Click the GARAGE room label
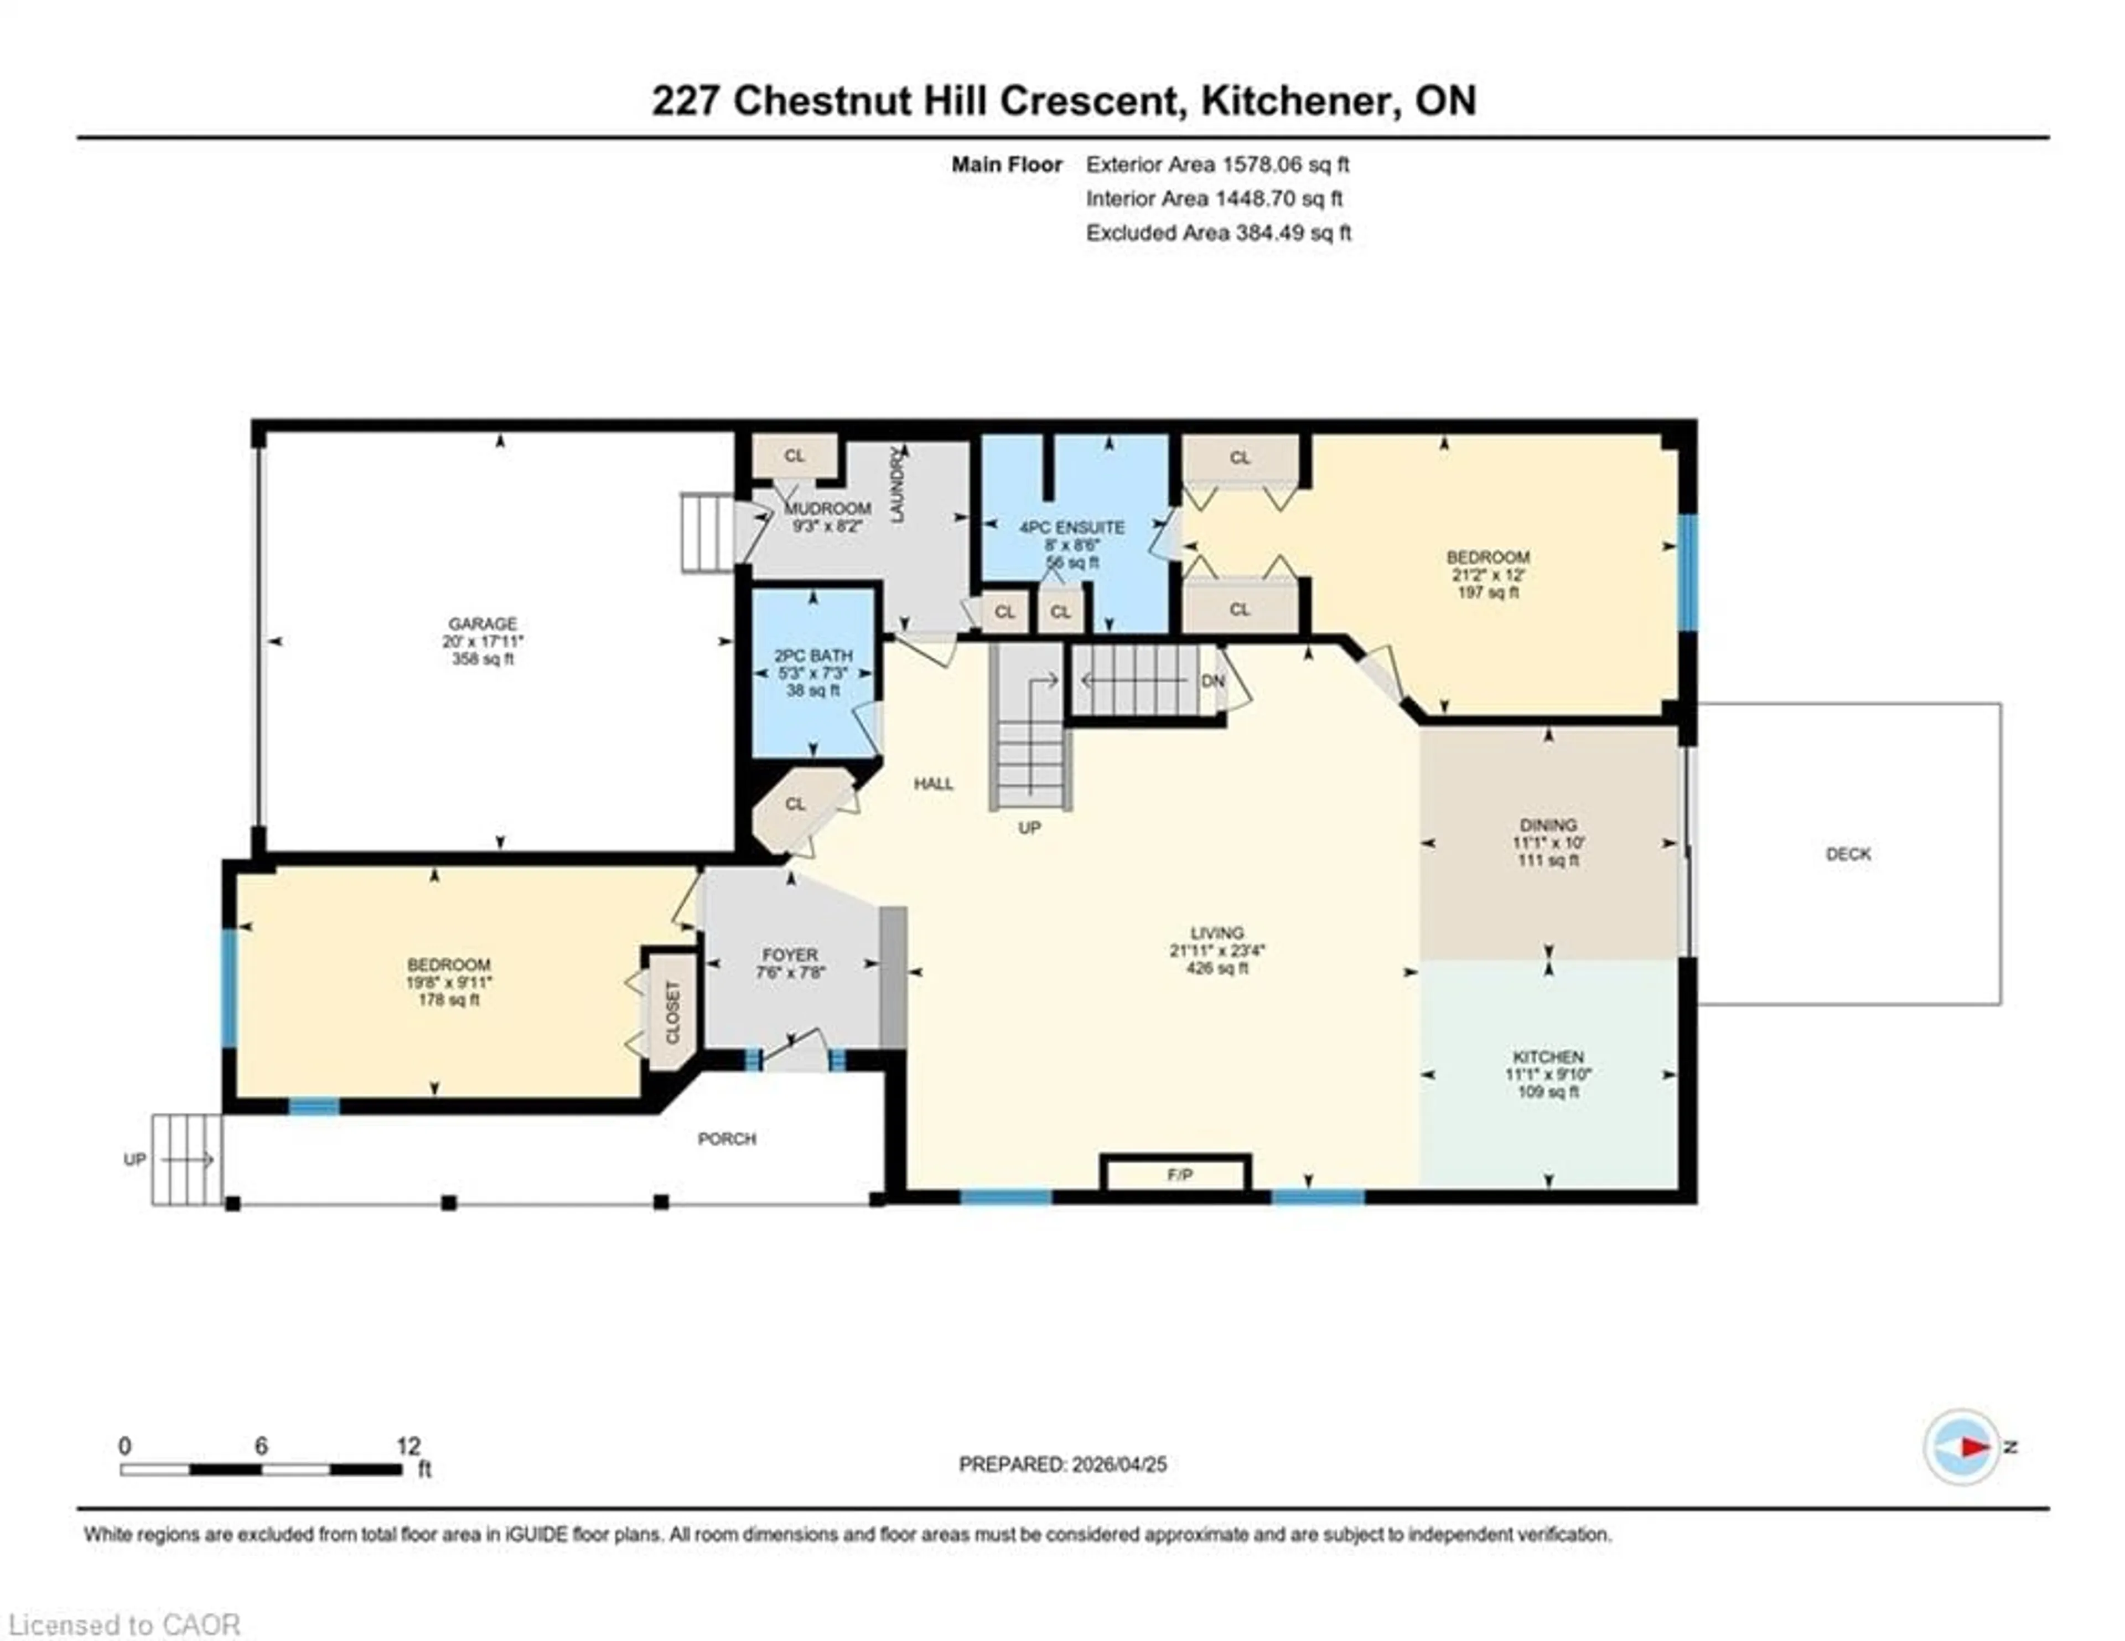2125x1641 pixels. coord(483,623)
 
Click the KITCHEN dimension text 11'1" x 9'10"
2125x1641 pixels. coord(1548,1075)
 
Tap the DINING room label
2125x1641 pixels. coord(1548,824)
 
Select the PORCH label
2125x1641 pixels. coord(727,1138)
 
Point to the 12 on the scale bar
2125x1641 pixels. coord(408,1446)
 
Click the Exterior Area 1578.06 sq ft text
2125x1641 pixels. coord(1217,164)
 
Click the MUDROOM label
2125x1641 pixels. coord(827,508)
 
